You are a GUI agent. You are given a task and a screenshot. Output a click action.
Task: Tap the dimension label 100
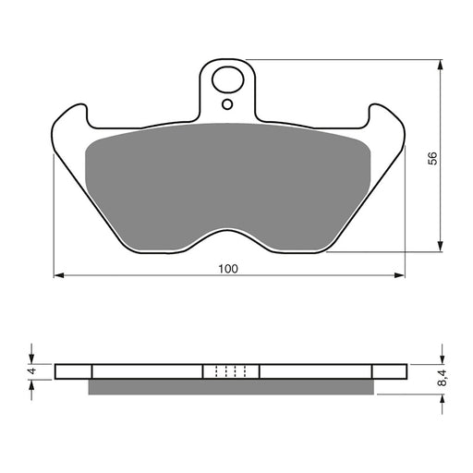[x=228, y=269]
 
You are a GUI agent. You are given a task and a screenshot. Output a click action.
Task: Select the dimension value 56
[x=431, y=158]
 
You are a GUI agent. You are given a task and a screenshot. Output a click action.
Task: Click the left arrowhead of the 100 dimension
[x=58, y=274]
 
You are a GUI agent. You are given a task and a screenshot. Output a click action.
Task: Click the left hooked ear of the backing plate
[x=70, y=121]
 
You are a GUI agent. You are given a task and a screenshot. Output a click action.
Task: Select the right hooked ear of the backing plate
[x=386, y=121]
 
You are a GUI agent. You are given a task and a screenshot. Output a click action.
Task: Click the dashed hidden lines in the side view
[x=230, y=371]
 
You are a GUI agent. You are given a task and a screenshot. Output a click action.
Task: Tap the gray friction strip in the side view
[x=231, y=387]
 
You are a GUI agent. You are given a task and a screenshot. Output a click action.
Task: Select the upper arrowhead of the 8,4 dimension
[x=439, y=358]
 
